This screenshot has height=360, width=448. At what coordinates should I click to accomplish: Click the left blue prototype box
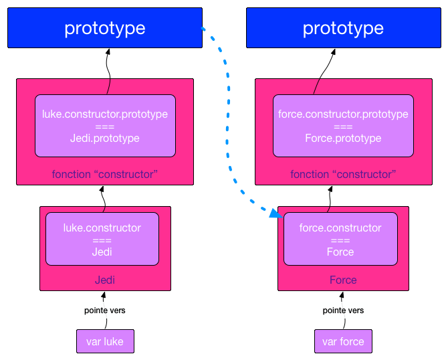pyautogui.click(x=105, y=28)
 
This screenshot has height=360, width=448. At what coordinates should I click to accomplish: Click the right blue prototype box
pyautogui.click(x=343, y=28)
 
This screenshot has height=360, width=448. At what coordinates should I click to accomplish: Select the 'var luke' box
pyautogui.click(x=104, y=341)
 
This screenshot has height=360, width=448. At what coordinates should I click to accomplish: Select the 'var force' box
pyautogui.click(x=343, y=341)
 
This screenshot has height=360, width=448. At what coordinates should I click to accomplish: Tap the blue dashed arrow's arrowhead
pyautogui.click(x=275, y=214)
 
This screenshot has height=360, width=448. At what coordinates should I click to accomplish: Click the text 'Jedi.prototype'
pyautogui.click(x=104, y=138)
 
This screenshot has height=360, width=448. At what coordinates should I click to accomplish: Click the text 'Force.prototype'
pyautogui.click(x=343, y=138)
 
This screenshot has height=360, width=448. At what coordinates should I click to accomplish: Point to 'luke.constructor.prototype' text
pyautogui.click(x=104, y=114)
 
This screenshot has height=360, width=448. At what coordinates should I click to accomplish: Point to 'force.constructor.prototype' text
pyautogui.click(x=343, y=114)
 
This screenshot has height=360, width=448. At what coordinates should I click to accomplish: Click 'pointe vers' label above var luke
pyautogui.click(x=104, y=310)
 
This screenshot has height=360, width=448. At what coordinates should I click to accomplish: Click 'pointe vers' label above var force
pyautogui.click(x=343, y=310)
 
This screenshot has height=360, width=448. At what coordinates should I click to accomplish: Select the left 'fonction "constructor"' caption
pyautogui.click(x=104, y=174)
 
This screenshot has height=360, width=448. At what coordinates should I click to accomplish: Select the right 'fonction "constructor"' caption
pyautogui.click(x=343, y=174)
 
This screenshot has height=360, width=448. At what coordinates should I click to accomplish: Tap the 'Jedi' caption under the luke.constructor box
pyautogui.click(x=102, y=280)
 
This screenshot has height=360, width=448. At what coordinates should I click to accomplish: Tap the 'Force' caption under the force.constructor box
pyautogui.click(x=343, y=280)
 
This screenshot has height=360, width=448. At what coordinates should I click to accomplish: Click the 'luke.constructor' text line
pyautogui.click(x=102, y=228)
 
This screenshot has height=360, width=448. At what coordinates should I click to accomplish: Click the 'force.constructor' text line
pyautogui.click(x=340, y=228)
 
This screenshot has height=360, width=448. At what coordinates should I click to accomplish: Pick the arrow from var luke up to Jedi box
pyautogui.click(x=104, y=298)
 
